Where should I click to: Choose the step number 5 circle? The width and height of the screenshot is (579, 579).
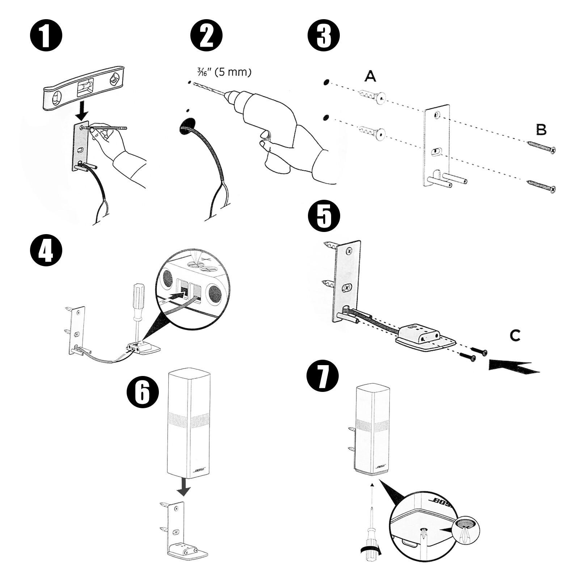coord(324,216)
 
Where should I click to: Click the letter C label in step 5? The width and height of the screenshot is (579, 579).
coord(515,335)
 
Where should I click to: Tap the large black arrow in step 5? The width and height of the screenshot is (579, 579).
coord(514,366)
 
